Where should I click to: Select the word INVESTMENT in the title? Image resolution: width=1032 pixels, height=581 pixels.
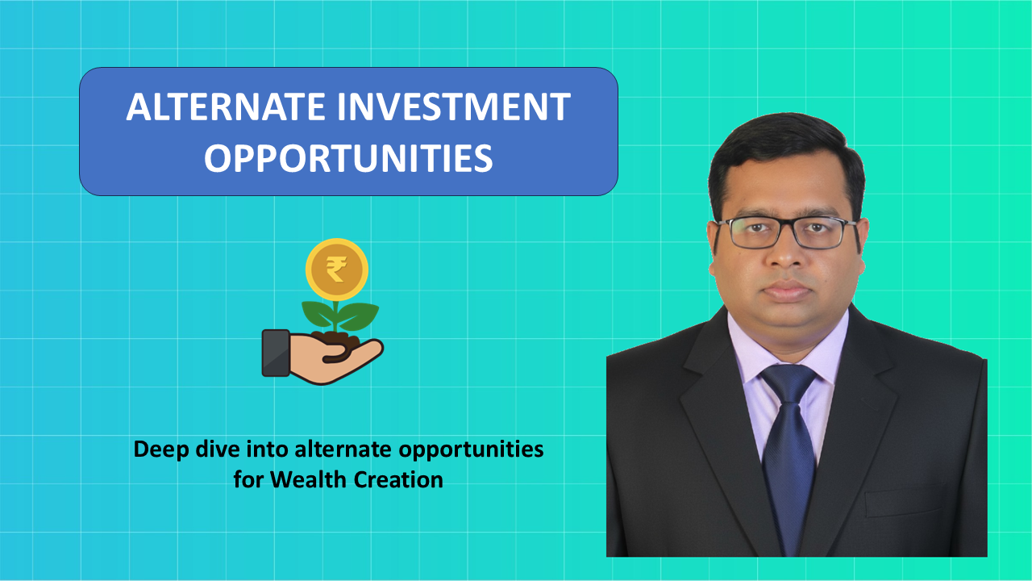[454, 107]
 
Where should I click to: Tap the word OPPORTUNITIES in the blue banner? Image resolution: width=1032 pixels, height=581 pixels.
[348, 158]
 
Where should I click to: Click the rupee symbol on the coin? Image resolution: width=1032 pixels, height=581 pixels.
[336, 270]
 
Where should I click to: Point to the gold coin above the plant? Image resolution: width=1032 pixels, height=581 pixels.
[337, 270]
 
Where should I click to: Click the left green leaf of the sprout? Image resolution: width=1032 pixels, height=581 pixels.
[318, 314]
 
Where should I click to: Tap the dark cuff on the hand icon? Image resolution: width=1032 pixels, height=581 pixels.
[276, 353]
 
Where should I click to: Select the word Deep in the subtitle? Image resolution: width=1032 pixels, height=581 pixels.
[161, 449]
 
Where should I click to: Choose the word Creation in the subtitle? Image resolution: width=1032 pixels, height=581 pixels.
[398, 479]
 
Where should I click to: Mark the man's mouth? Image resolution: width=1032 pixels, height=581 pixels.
[787, 291]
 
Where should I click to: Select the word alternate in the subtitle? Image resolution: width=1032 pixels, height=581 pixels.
[343, 449]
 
